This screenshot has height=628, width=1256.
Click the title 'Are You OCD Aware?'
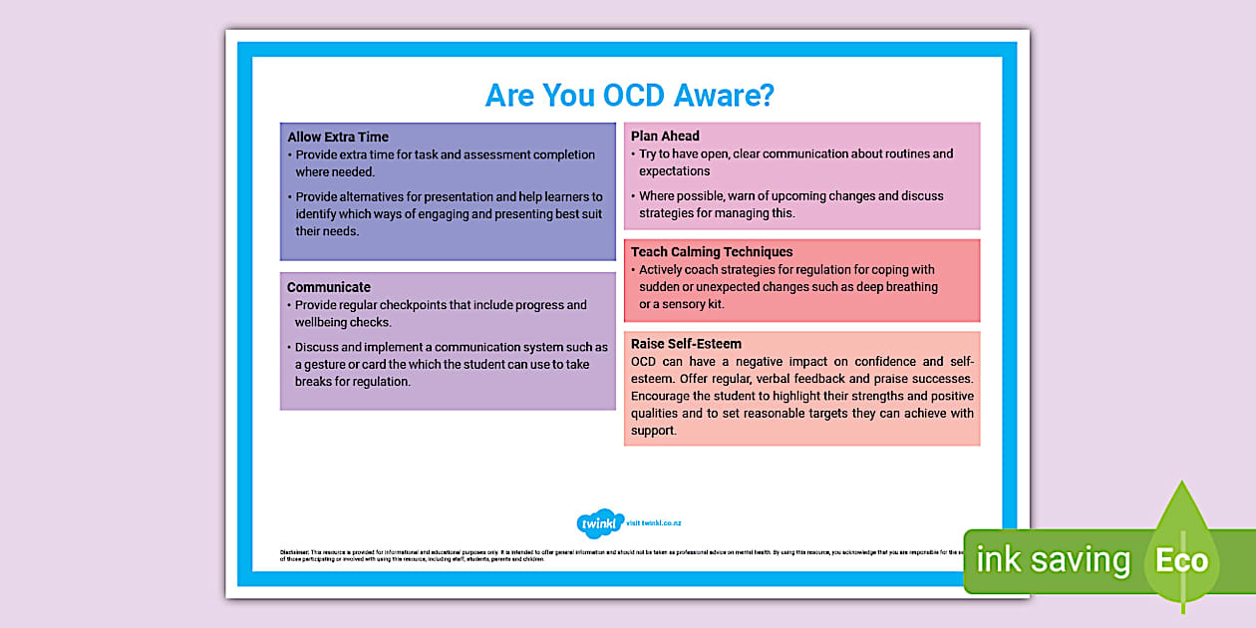coord(629,95)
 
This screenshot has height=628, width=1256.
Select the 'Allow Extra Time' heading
coord(338,137)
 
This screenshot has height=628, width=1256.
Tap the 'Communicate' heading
coord(329,287)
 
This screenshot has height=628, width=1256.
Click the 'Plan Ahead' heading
coord(665,136)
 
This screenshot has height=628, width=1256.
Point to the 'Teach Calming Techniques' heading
coord(712,252)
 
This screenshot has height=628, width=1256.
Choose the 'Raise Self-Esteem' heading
coord(686,344)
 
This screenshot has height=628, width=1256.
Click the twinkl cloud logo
coord(600,523)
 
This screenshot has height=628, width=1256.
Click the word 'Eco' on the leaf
coord(1181,560)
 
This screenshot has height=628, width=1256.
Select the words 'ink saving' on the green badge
coord(1053,560)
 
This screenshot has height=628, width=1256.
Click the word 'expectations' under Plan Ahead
coord(675,171)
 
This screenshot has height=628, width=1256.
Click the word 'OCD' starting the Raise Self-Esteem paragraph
coord(645,362)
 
